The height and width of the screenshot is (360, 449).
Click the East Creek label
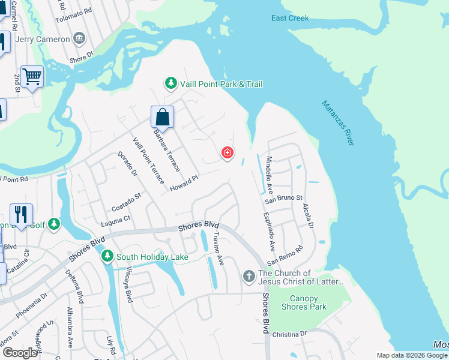tap(289, 18)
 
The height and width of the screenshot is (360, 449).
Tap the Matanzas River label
tap(338, 122)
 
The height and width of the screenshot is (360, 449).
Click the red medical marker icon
tap(228, 153)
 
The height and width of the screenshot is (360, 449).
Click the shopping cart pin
tap(32, 76)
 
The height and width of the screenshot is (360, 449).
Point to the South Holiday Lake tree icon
tap(107, 257)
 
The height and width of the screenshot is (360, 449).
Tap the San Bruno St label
tap(285, 197)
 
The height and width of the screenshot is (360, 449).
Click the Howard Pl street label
tap(184, 183)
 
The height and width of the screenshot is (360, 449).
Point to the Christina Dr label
tap(289, 334)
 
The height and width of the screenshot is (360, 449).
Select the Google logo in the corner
tap(20, 353)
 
